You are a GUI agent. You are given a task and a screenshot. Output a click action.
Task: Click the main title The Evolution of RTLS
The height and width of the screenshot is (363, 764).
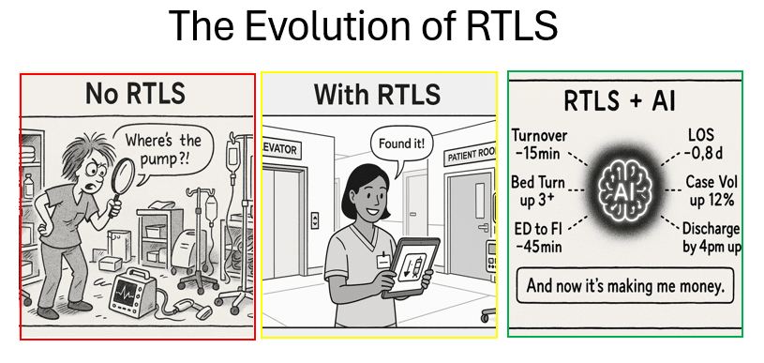click(363, 24)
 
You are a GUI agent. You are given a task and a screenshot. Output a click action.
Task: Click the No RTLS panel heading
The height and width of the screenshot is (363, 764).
click(135, 94)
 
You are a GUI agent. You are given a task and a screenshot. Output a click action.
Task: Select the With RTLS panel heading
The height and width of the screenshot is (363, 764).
click(377, 94)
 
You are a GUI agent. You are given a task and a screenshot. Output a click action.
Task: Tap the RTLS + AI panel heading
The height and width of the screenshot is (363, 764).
click(620, 101)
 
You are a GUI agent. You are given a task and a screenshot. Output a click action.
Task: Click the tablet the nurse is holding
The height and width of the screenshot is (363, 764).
click(412, 267)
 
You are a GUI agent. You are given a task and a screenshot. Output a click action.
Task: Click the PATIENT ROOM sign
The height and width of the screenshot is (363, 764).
click(471, 156)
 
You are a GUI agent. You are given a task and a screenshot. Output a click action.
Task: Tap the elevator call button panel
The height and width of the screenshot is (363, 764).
click(316, 220)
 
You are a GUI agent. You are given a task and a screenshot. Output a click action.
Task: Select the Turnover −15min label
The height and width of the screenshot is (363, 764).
click(539, 144)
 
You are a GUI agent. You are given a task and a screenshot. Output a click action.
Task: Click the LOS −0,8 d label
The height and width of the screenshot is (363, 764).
click(703, 144)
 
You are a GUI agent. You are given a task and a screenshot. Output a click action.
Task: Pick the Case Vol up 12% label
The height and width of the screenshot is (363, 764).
click(711, 190)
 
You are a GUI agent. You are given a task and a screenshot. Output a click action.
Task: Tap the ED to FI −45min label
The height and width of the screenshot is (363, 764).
click(538, 236)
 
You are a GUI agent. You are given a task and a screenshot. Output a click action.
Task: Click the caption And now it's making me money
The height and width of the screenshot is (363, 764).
click(624, 285)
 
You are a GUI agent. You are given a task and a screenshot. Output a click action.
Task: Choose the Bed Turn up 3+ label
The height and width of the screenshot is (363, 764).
click(538, 191)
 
